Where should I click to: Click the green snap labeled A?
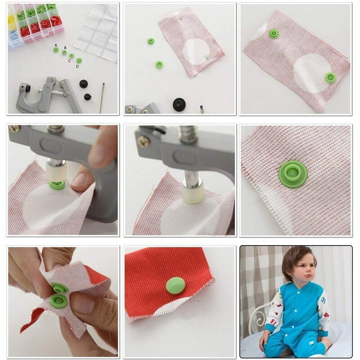coord(56,50)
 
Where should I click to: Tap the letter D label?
coord(77,67)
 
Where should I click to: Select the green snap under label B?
coord(64,53)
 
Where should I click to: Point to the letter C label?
coord(69,61)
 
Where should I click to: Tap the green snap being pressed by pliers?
coord(57,184)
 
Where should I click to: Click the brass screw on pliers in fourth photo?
coord(14,129)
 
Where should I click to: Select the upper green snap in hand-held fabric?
coord(59,288)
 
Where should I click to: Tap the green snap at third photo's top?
coord(274,33)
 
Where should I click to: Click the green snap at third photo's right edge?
coord(330,77)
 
